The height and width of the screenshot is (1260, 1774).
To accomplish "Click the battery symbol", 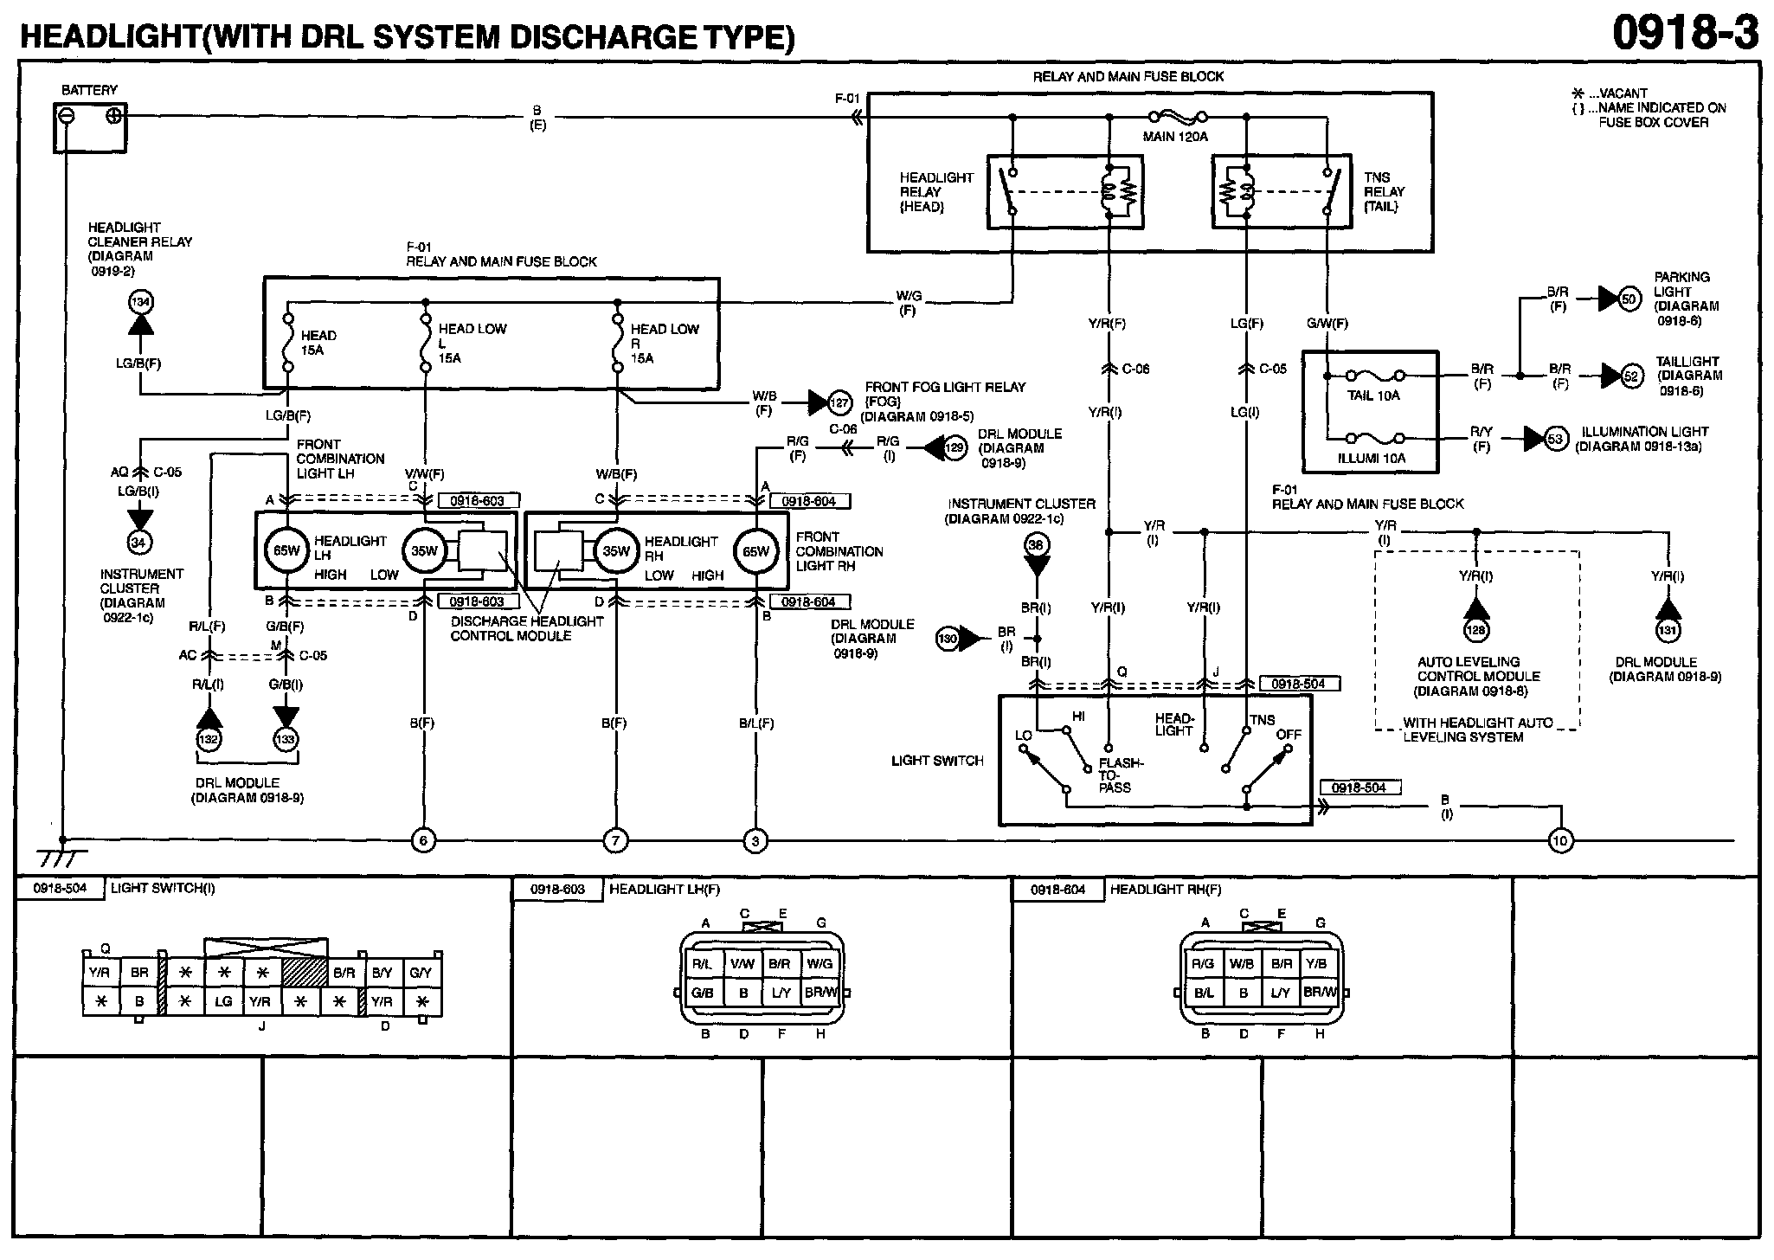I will [89, 126].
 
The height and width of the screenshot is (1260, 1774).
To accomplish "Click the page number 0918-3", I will [1685, 34].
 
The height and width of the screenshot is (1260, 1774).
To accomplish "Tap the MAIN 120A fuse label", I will [1174, 137].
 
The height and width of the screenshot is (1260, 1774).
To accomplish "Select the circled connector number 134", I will [140, 302].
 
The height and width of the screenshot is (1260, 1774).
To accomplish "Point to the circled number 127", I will [839, 402].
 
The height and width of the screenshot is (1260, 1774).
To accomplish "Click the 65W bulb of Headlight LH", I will [286, 550].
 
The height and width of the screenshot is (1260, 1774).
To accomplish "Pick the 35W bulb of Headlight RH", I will [615, 550].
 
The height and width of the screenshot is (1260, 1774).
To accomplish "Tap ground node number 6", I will [423, 839].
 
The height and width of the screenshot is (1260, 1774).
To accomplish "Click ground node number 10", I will [1560, 839].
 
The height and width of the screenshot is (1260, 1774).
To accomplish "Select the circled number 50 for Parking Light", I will [1629, 299].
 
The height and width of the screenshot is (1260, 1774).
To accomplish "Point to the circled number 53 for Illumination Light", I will [1556, 439].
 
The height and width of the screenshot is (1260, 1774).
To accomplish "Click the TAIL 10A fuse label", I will [1373, 396].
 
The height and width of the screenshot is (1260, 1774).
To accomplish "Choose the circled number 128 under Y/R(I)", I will [1476, 631].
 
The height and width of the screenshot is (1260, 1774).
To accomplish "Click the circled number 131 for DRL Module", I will [1667, 631].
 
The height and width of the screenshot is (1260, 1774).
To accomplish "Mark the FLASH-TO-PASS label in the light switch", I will [1121, 775].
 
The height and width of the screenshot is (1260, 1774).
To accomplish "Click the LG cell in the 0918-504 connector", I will [223, 1002].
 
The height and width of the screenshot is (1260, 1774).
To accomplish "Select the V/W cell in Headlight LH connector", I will [742, 964].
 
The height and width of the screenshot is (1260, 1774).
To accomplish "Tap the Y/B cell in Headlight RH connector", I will [1316, 964].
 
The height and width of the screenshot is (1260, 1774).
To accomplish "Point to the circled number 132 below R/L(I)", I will [208, 739].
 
